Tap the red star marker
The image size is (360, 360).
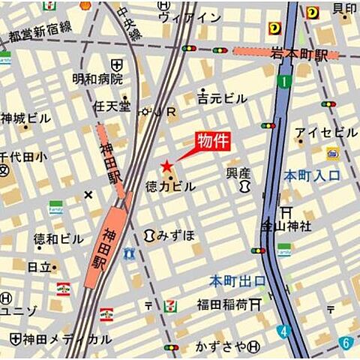[166, 166]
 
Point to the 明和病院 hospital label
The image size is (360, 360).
[97, 78]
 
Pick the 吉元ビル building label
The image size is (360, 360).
[222, 98]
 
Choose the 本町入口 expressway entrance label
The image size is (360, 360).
[311, 176]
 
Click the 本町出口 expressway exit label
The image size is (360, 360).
[237, 281]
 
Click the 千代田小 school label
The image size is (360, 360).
[22, 157]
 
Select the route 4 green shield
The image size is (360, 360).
[281, 331]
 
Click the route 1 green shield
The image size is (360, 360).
[283, 80]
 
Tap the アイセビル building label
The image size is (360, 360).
[326, 133]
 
